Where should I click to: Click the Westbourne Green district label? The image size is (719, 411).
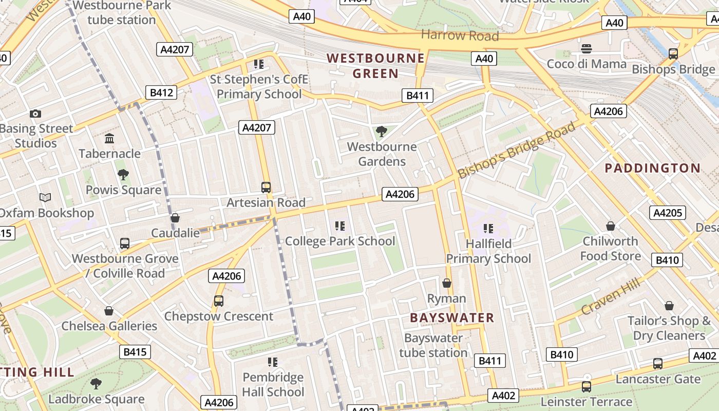[x=376, y=66]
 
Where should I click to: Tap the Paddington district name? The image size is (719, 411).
[x=652, y=168]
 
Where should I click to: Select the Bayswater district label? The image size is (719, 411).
[x=452, y=318]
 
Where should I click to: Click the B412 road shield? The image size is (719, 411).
[x=161, y=92]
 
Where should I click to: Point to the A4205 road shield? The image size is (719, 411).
[x=667, y=213]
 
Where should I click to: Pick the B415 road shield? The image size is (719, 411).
[x=135, y=352]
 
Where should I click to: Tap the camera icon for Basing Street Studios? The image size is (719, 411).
[x=35, y=114]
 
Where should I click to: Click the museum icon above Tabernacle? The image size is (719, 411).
[x=109, y=139]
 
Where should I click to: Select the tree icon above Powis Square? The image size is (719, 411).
[x=123, y=175]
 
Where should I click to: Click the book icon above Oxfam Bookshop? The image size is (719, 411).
[x=45, y=197]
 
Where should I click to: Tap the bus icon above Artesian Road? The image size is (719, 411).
[x=266, y=188]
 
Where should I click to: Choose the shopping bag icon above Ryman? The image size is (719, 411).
[x=447, y=284]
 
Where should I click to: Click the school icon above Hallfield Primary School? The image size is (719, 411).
[x=488, y=228]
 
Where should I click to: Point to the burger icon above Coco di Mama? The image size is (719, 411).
[x=586, y=49]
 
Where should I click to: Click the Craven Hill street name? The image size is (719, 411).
[x=611, y=297]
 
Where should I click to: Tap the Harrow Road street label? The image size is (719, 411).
[x=460, y=35]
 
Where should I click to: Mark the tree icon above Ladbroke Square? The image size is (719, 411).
[x=96, y=383]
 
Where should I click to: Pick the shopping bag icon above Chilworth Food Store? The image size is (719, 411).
[x=611, y=226]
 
